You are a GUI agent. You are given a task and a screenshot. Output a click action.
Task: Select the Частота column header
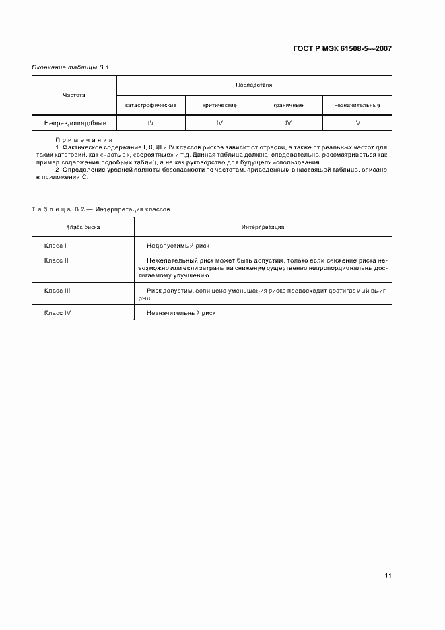tap(74, 95)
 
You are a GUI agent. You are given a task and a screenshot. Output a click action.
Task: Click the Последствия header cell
tap(254, 85)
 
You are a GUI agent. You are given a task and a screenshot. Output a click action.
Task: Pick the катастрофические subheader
tap(151, 106)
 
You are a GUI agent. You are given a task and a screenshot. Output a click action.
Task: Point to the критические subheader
tap(219, 106)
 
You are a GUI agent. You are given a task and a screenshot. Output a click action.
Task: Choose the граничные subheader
tap(288, 106)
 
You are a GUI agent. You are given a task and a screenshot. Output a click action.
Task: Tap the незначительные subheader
tap(357, 106)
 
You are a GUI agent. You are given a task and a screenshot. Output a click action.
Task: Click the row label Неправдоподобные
tap(74, 123)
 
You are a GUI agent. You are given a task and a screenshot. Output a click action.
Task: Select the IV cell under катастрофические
tap(151, 123)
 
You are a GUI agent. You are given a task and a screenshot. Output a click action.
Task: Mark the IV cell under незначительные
tap(357, 123)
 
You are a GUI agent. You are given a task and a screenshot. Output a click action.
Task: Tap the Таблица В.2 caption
tap(101, 209)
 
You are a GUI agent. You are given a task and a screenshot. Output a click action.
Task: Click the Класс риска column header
tap(83, 227)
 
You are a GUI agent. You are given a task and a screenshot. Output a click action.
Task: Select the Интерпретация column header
tap(263, 227)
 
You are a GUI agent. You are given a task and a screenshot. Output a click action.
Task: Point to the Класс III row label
tap(57, 290)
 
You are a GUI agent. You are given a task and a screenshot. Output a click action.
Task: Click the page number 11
tap(388, 575)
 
